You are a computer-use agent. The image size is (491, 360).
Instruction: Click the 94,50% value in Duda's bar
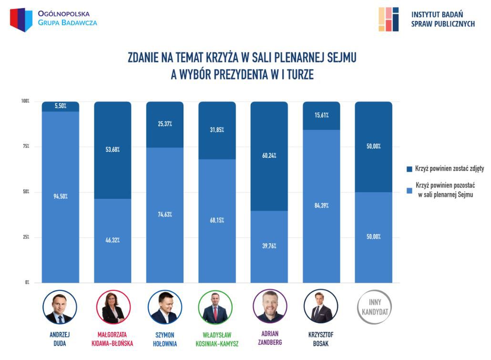click(x=60, y=197)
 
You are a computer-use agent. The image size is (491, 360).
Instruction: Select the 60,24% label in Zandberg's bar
click(x=269, y=155)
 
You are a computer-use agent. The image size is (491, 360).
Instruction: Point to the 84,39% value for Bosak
click(x=321, y=206)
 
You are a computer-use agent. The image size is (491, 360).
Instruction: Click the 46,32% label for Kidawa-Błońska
click(x=113, y=240)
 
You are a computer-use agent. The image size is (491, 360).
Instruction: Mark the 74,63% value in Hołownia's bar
click(x=164, y=215)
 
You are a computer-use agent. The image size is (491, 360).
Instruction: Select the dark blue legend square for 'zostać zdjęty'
click(x=408, y=169)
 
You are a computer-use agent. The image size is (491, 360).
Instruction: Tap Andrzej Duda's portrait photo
click(x=60, y=307)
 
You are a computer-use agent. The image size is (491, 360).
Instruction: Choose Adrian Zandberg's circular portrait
click(x=269, y=307)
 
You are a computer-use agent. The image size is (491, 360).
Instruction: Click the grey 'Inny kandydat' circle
click(x=373, y=307)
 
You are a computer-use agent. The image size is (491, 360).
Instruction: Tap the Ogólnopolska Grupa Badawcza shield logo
click(x=21, y=20)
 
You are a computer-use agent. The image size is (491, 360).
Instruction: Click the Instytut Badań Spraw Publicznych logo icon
click(x=389, y=19)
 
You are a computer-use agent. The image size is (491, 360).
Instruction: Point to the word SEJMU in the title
click(x=339, y=58)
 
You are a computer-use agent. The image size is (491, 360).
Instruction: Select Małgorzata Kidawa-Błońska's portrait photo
click(x=113, y=307)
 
